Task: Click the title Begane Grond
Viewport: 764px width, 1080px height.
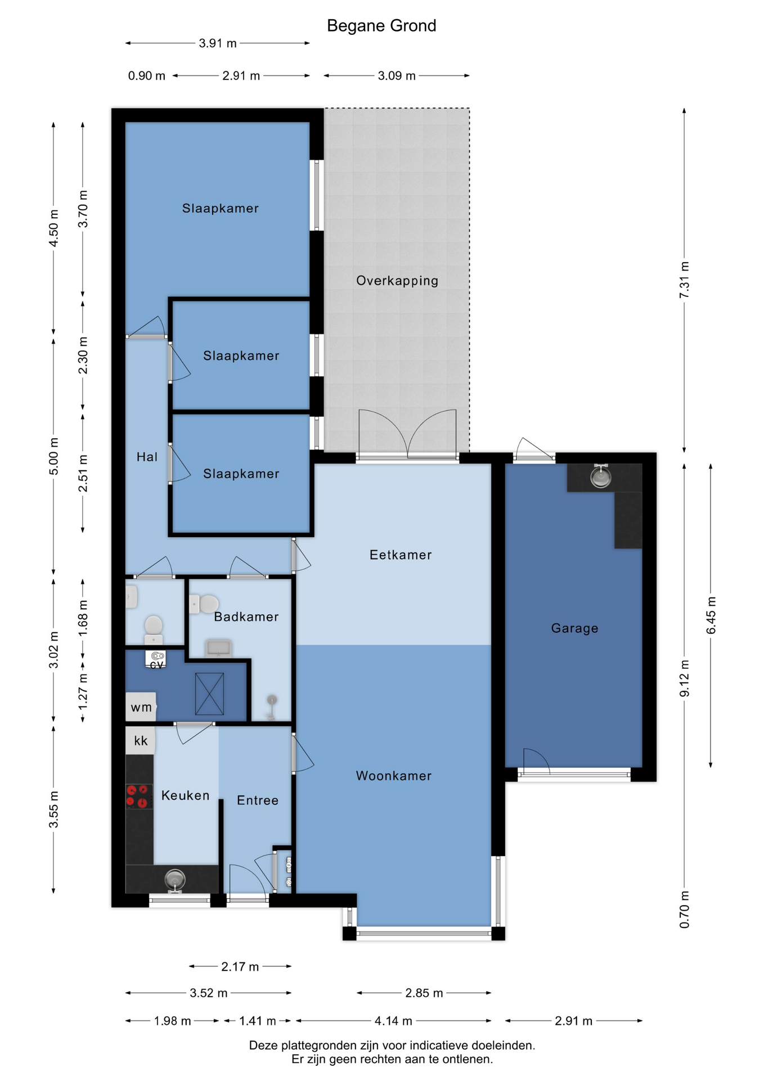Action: coord(381,26)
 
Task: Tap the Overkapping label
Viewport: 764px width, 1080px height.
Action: coord(397,281)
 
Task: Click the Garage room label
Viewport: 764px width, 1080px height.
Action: coord(574,628)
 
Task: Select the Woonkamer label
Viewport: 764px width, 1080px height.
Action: coord(394,776)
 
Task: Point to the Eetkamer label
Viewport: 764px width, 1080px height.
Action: coord(401,555)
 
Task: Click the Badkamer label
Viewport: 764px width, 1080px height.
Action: coord(246,616)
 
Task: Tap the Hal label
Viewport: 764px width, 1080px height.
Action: coord(147,457)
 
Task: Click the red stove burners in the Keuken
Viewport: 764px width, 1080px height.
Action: coord(139,796)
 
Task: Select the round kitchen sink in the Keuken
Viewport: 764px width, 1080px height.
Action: coord(175,879)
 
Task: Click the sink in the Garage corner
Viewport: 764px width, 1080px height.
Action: coord(601,477)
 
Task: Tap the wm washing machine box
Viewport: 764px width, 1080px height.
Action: coord(141,707)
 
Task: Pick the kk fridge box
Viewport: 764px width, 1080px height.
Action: coord(140,740)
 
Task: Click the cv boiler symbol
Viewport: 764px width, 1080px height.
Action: coord(157,659)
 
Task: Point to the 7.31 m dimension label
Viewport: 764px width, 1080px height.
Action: coord(684,280)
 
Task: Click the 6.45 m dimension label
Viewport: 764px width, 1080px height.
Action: coord(711,615)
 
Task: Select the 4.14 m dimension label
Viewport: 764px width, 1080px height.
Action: coord(393,1020)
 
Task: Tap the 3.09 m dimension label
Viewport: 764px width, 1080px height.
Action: coord(397,75)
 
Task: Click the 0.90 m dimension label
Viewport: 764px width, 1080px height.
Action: coord(147,75)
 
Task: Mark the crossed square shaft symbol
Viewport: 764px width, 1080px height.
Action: coord(209,694)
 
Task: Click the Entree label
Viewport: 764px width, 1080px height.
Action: coord(258,800)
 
